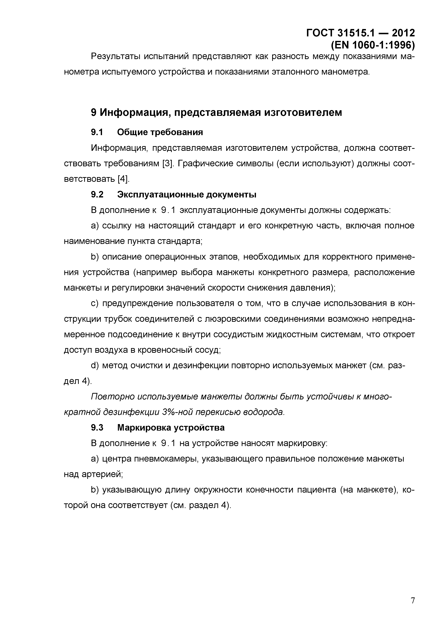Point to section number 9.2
[x=97, y=195]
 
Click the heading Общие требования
[x=160, y=132]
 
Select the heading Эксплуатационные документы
[x=187, y=195]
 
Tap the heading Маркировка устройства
[x=171, y=428]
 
